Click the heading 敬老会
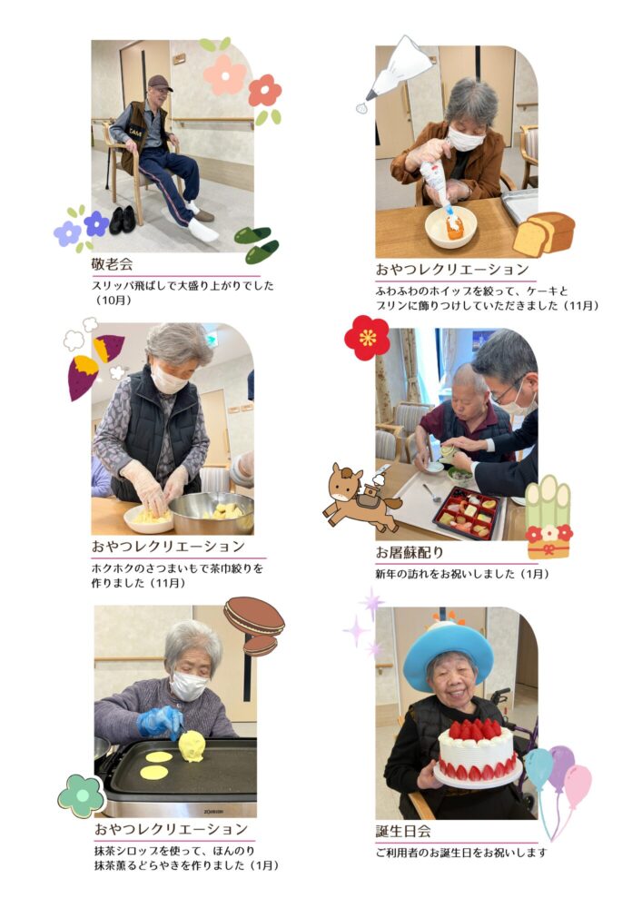113,264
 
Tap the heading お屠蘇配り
410,552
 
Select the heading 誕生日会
403,832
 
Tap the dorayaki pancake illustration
255,626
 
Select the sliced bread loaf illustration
544,233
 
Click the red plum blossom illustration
367,338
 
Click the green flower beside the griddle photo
82,796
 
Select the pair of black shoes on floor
123,220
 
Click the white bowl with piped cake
450,226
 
